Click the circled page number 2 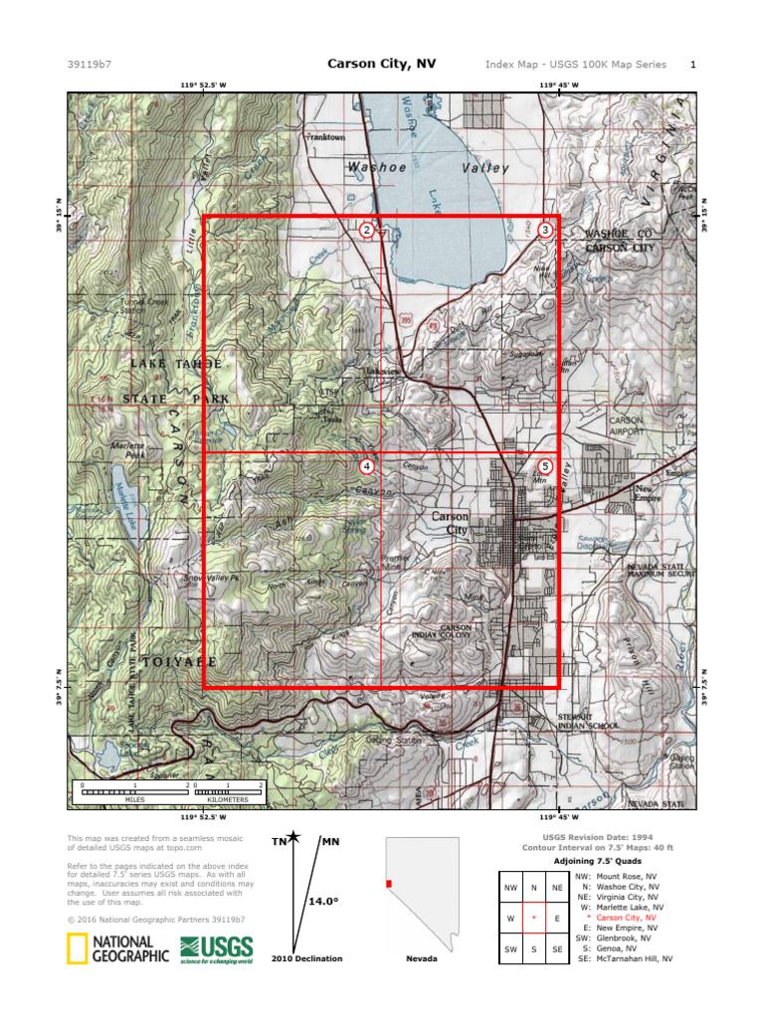pyautogui.click(x=367, y=230)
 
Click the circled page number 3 pyautogui.click(x=545, y=230)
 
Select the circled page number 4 pyautogui.click(x=367, y=465)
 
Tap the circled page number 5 pyautogui.click(x=545, y=465)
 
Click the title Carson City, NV pyautogui.click(x=381, y=64)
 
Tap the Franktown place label pyautogui.click(x=325, y=137)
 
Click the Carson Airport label pyautogui.click(x=626, y=426)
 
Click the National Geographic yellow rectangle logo pyautogui.click(x=75, y=949)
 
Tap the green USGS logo pyautogui.click(x=216, y=949)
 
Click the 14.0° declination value pyautogui.click(x=323, y=901)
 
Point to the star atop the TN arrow pyautogui.click(x=292, y=838)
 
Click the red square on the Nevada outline pyautogui.click(x=389, y=883)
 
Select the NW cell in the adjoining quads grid pyautogui.click(x=511, y=887)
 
